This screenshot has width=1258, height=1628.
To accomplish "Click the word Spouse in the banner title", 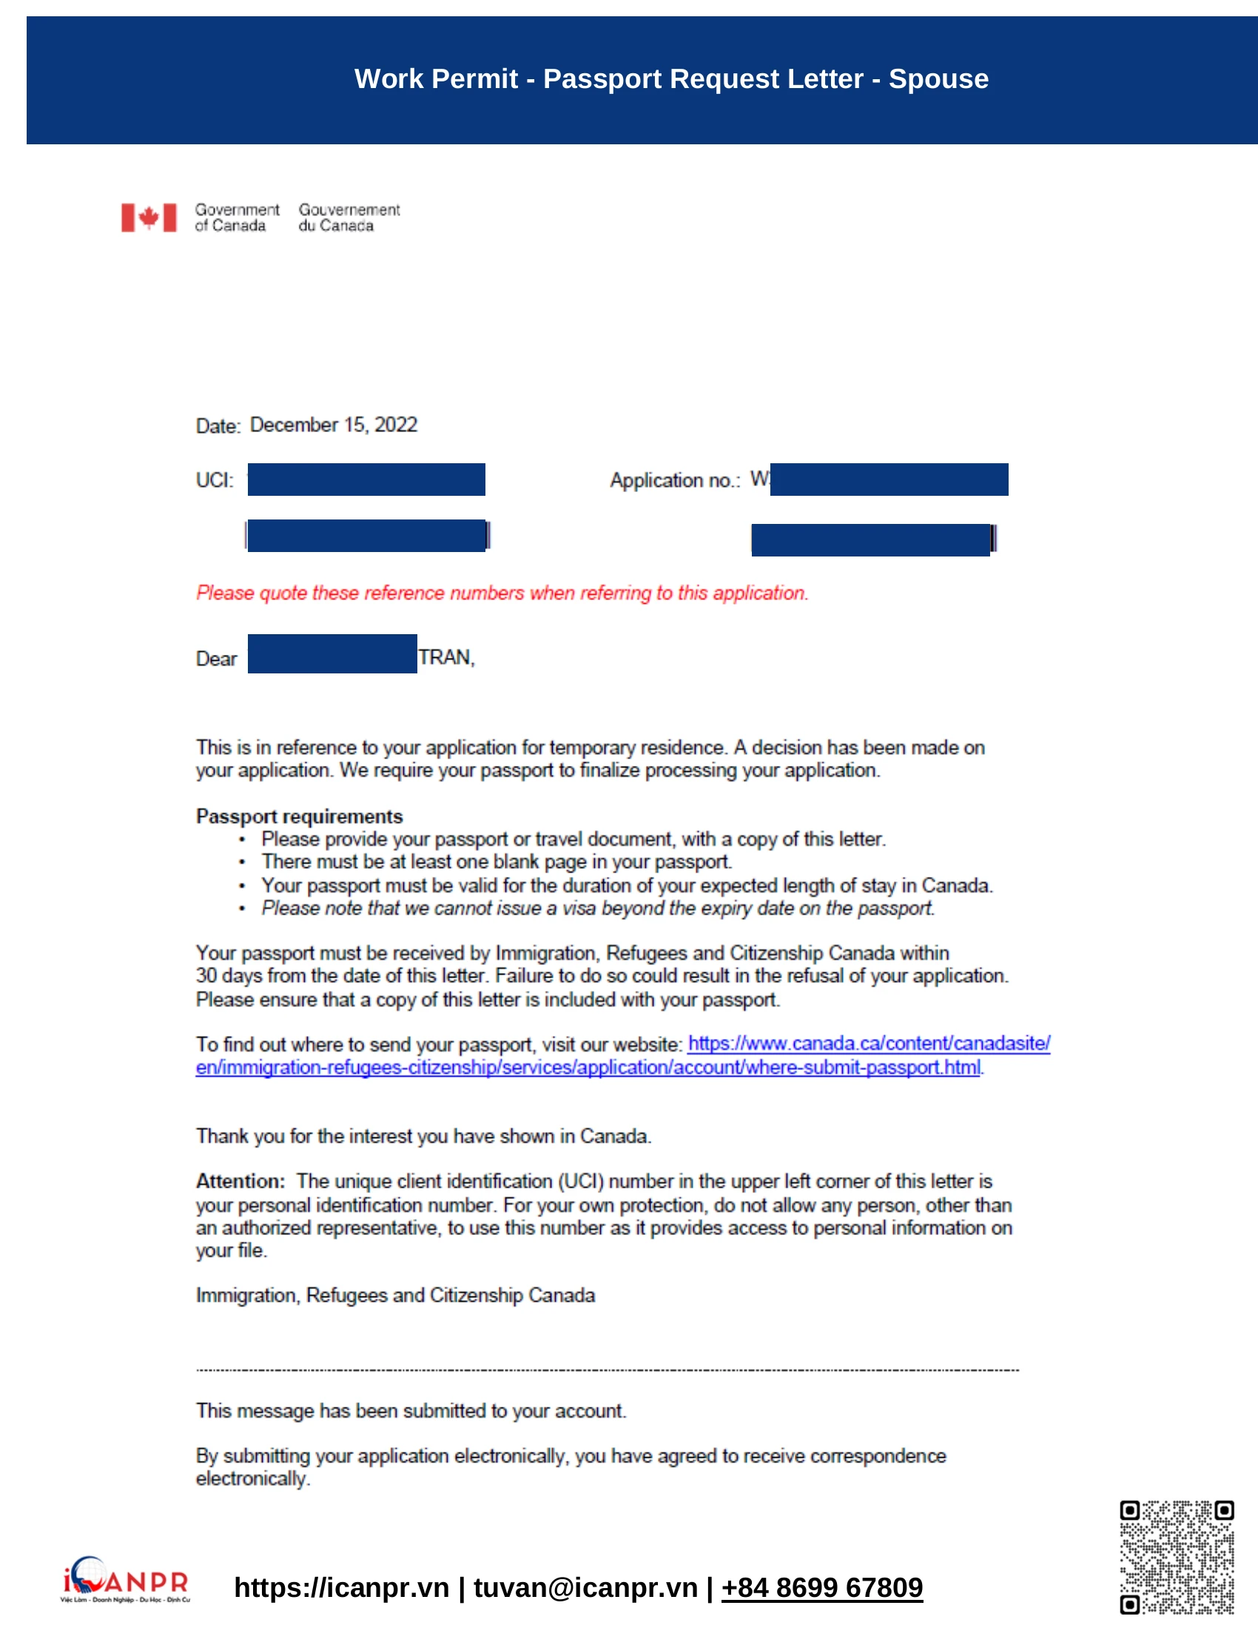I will tap(938, 79).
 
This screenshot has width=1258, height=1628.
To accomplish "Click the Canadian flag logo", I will tap(149, 218).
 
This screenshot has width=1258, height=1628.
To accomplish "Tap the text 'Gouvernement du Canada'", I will tap(349, 218).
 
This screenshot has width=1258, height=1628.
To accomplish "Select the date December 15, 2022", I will tap(333, 425).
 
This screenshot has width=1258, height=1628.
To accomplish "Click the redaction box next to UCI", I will tap(366, 480).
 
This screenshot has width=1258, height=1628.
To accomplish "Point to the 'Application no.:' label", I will tap(674, 480).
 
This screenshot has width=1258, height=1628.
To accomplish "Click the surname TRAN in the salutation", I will tap(445, 657).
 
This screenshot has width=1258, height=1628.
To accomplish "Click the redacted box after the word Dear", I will tap(332, 653).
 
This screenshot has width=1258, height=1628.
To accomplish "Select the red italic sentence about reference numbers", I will tap(502, 593).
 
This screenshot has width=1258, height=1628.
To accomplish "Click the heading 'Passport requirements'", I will tap(299, 816).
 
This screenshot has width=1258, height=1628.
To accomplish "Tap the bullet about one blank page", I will tap(497, 861).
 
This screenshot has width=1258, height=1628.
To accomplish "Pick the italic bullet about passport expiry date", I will tap(598, 908).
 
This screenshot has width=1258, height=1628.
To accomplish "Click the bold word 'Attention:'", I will tap(240, 1182).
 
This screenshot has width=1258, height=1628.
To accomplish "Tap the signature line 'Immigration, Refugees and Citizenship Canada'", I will tap(395, 1296).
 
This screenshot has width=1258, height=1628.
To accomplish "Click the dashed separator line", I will tap(607, 1370).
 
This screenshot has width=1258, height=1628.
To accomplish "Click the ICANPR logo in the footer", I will tap(125, 1580).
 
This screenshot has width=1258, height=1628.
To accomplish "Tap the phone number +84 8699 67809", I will tap(821, 1588).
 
